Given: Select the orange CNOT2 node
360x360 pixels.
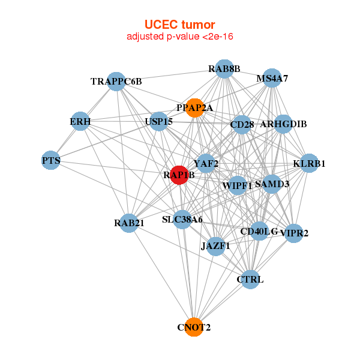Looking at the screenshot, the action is coord(193,327).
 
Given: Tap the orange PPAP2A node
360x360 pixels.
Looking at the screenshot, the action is coord(194,108).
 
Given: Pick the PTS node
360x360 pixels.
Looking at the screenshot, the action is coord(51,160).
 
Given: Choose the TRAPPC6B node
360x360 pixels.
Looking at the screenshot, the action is coord(116,82).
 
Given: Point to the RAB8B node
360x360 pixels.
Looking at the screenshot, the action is coord(224,69).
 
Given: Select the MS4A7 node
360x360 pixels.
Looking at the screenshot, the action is coord(272,79).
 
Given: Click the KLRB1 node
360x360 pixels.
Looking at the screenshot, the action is coord(308,163).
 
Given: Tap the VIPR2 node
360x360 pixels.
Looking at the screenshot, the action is coord(293,233).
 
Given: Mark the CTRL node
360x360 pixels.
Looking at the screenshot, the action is coord(250,279).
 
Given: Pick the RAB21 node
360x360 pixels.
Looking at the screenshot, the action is coord(128,223).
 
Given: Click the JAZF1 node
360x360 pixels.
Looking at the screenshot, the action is coord(215,245).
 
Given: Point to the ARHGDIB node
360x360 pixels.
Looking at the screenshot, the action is coord(283,124).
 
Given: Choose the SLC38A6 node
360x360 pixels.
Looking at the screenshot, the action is coord(182,220).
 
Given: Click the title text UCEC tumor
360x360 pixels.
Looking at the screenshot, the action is coord(179,25).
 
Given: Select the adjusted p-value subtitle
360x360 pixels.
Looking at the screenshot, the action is coord(179,37).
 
